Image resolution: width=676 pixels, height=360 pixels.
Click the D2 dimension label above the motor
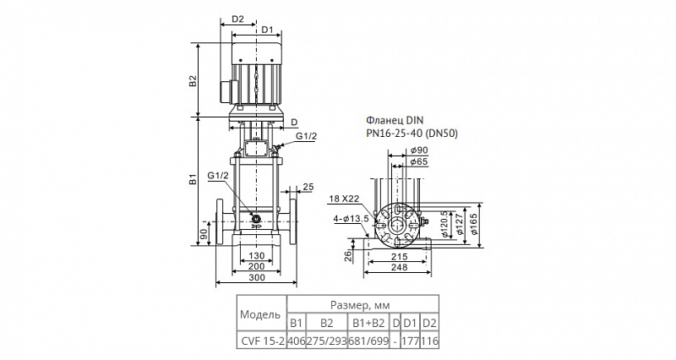[238, 19]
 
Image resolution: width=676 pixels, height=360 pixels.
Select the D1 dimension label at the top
[267, 30]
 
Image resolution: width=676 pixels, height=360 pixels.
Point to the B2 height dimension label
[194, 80]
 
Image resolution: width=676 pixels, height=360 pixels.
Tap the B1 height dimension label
[194, 179]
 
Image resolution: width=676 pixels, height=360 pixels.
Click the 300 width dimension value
[257, 278]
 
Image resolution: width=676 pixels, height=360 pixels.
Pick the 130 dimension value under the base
[257, 257]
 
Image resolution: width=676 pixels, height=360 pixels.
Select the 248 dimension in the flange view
[399, 267]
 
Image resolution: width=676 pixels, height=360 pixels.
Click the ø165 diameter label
[475, 224]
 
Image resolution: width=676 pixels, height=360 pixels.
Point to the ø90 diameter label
[419, 150]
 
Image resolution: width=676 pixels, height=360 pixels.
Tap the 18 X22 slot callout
[344, 199]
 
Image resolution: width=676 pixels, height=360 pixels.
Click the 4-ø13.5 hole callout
[351, 219]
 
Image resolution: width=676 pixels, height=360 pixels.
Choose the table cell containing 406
[297, 341]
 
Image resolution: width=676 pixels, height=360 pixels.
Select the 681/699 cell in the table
[368, 341]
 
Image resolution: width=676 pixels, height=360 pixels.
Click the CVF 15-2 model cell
[262, 341]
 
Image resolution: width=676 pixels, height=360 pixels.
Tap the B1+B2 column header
[368, 323]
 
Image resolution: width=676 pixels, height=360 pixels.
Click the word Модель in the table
[260, 314]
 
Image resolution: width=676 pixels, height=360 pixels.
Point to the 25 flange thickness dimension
[308, 187]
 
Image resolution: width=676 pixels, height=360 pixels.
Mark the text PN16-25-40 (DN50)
[412, 134]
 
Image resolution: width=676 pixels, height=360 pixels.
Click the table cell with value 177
[411, 341]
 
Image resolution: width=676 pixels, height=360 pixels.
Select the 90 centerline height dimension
[204, 234]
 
